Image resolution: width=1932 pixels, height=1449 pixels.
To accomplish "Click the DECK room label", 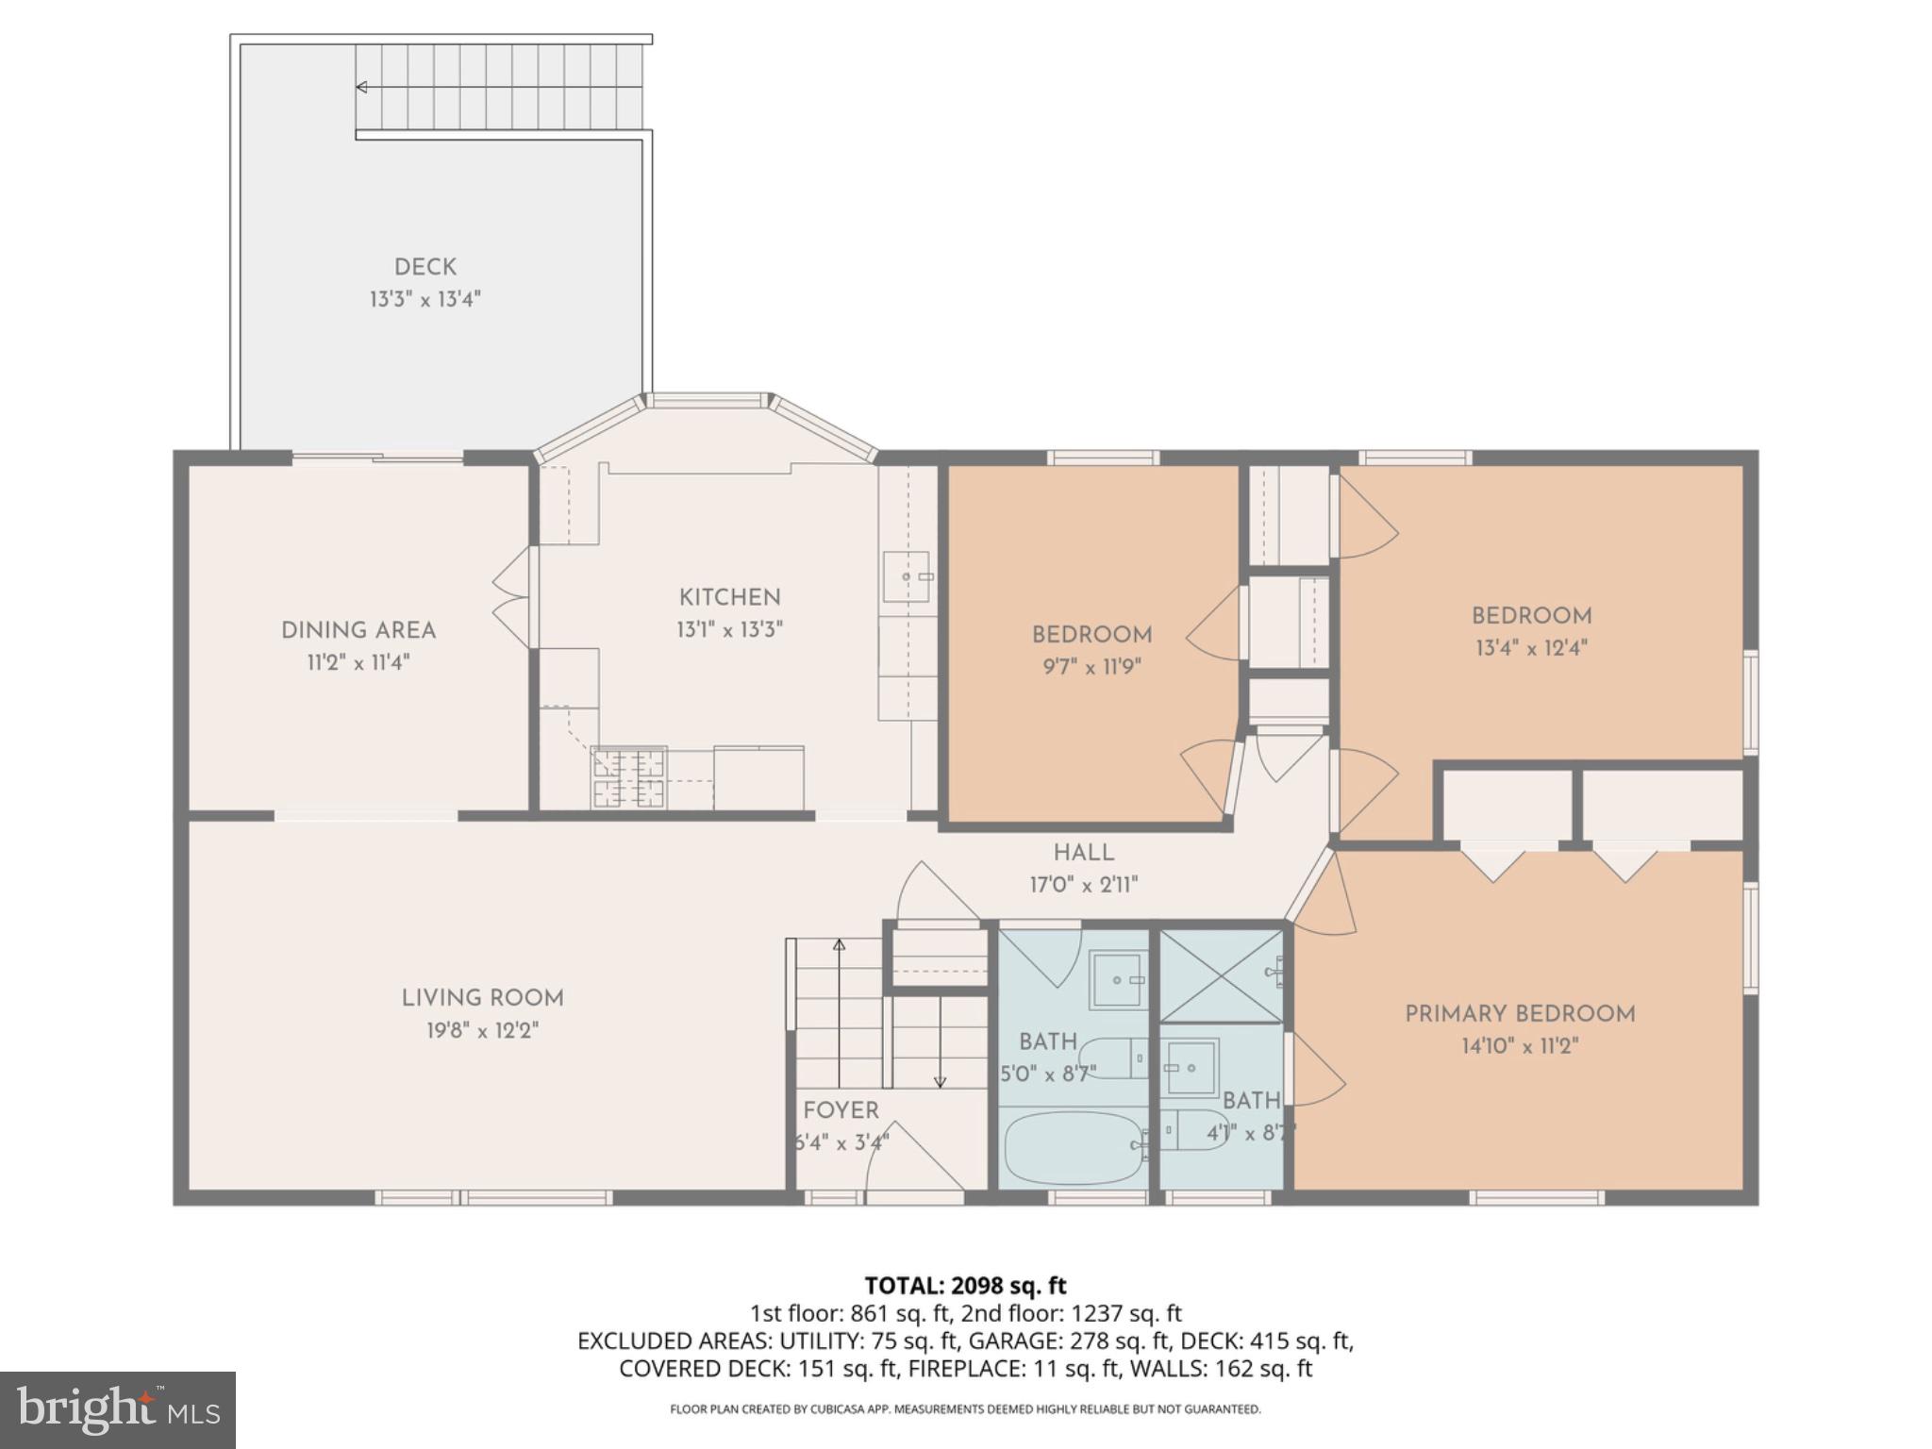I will pyautogui.click(x=425, y=268).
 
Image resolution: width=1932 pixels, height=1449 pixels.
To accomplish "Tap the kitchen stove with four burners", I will pyautogui.click(x=629, y=777).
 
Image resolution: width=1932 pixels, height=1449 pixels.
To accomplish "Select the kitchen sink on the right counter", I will pyautogui.click(x=906, y=576).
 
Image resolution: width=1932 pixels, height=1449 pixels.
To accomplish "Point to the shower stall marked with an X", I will pyautogui.click(x=1221, y=975).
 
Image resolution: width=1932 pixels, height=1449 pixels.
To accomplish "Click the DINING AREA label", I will pyautogui.click(x=358, y=630).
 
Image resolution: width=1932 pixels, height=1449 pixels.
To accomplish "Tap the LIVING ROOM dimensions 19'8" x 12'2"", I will pyautogui.click(x=482, y=1030).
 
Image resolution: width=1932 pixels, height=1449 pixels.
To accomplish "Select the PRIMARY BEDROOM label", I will pyautogui.click(x=1520, y=1014).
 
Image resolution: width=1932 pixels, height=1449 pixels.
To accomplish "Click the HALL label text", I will pyautogui.click(x=1083, y=853).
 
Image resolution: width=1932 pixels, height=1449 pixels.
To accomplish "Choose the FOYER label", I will pyautogui.click(x=841, y=1110).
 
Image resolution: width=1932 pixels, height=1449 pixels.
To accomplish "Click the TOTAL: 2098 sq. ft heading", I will pyautogui.click(x=965, y=1285).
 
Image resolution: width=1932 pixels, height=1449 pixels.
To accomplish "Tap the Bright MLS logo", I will pyautogui.click(x=118, y=1409).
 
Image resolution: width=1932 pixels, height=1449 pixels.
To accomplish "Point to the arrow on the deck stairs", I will pyautogui.click(x=361, y=88).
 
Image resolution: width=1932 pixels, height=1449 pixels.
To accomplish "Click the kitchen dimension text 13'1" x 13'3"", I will pyautogui.click(x=729, y=629).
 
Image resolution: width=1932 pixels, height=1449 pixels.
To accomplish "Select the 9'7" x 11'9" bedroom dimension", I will pyautogui.click(x=1091, y=667).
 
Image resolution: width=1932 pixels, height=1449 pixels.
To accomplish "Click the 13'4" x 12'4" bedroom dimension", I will pyautogui.click(x=1531, y=648).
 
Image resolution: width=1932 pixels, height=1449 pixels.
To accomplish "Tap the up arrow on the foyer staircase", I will pyautogui.click(x=839, y=944).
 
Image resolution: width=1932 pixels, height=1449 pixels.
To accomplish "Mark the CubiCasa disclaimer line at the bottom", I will pyautogui.click(x=965, y=1409).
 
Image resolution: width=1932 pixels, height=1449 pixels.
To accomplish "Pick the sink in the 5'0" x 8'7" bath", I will pyautogui.click(x=1117, y=980).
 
